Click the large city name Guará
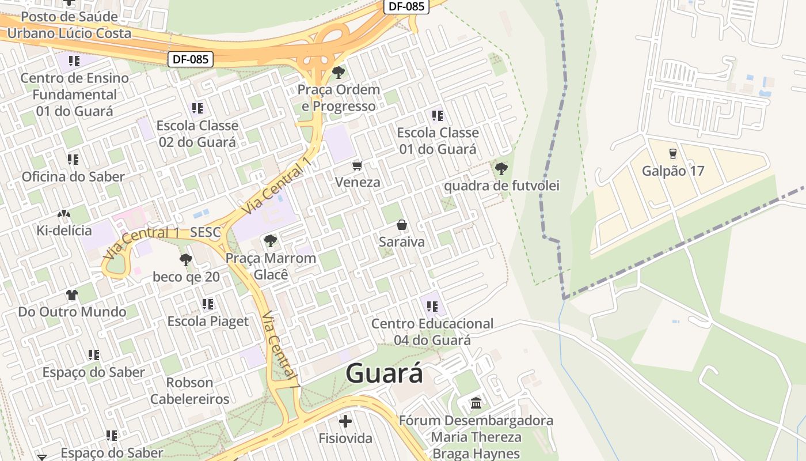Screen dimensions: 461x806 coord(385,373)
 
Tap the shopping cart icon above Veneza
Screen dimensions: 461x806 coord(358,166)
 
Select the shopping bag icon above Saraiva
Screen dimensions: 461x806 coord(402,225)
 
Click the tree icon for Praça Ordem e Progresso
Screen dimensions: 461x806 coord(339,73)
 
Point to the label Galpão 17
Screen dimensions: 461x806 coord(673,171)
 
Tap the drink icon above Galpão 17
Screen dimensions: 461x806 coord(672,154)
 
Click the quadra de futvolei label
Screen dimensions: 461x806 coord(501,186)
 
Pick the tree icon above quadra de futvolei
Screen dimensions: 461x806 coord(501,169)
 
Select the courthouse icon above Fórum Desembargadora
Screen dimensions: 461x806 coord(476,403)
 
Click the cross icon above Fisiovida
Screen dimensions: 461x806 coord(345,421)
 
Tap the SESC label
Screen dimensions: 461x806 coord(205,233)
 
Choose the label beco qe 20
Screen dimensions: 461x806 coord(186,277)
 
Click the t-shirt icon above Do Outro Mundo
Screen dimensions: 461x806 coord(72,295)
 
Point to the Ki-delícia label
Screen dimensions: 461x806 coord(64,231)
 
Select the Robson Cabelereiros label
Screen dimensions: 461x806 coord(190,391)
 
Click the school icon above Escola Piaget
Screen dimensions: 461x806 coord(208,304)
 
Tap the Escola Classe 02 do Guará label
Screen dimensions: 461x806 coord(197,134)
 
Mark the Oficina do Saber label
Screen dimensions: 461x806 coord(73,176)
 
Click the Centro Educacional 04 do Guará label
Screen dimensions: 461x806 coord(432,332)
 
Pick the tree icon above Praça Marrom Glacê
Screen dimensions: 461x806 coord(270,240)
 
